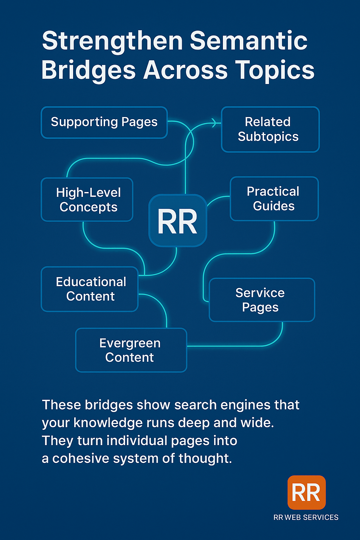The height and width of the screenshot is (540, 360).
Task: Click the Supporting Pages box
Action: click(104, 122)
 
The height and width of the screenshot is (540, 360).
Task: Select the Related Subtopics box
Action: click(270, 129)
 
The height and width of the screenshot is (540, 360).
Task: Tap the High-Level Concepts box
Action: click(87, 200)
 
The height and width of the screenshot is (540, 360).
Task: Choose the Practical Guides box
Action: click(274, 199)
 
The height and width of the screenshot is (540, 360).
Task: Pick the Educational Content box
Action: click(90, 289)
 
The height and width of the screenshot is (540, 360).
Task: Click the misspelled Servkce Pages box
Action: click(262, 300)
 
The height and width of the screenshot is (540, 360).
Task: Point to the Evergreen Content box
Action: click(131, 350)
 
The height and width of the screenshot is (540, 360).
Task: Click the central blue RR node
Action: click(178, 221)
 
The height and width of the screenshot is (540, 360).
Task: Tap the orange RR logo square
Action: click(306, 492)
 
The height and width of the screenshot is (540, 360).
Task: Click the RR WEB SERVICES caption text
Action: click(306, 517)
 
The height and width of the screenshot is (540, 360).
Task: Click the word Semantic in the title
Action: click(249, 41)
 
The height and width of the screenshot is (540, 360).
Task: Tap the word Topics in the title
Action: click(275, 70)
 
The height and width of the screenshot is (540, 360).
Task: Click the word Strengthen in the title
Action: click(112, 41)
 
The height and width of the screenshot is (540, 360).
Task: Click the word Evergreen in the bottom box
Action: click(130, 343)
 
